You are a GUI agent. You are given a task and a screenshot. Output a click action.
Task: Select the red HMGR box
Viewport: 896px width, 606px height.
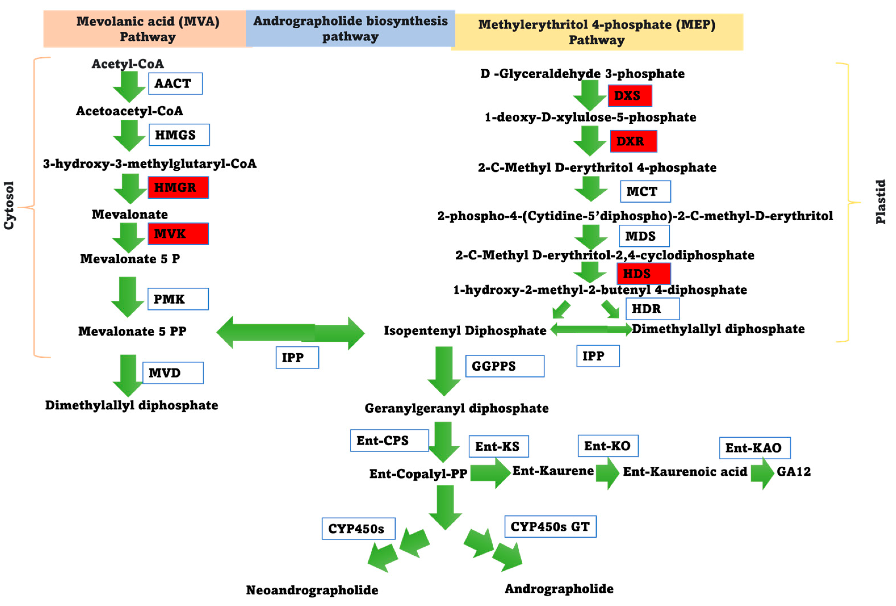(178, 187)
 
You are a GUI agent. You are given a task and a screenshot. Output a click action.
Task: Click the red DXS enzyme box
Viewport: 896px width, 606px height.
(629, 96)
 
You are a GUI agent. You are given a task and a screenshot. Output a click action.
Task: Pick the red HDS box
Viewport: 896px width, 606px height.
(643, 274)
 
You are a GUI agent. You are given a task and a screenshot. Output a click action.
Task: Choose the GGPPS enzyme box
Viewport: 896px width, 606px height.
(504, 366)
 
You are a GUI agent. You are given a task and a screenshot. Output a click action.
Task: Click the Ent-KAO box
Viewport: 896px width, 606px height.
(754, 448)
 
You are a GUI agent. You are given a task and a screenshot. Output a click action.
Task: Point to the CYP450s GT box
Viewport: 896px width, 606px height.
(550, 527)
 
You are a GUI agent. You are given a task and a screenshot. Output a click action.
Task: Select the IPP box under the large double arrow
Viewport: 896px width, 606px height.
(297, 357)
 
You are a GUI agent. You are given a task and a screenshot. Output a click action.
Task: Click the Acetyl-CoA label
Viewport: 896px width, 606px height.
(128, 64)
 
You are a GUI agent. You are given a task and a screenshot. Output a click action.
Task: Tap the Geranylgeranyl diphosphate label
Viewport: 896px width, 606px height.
(456, 408)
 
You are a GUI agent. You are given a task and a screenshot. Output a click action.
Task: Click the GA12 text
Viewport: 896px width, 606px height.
(794, 471)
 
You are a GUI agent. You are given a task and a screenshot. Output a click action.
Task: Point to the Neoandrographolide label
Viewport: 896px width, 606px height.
(312, 590)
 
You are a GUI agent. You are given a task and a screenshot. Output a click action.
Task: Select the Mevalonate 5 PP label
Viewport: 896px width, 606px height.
(132, 331)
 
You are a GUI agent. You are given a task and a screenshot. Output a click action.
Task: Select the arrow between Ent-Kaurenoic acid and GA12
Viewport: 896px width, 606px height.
(762, 473)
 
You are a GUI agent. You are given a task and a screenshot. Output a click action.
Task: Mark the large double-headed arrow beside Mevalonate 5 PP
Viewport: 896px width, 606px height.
(290, 333)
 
